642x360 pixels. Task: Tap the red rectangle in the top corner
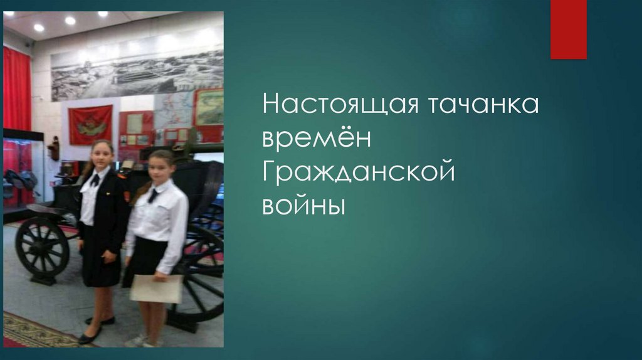click(568, 29)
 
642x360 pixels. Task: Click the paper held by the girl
click(156, 289)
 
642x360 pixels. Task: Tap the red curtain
click(16, 88)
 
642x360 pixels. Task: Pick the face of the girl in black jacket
click(102, 154)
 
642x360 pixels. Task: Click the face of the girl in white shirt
click(160, 168)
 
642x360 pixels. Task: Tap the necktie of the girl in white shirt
click(153, 195)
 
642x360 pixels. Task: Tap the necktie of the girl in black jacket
click(95, 180)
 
